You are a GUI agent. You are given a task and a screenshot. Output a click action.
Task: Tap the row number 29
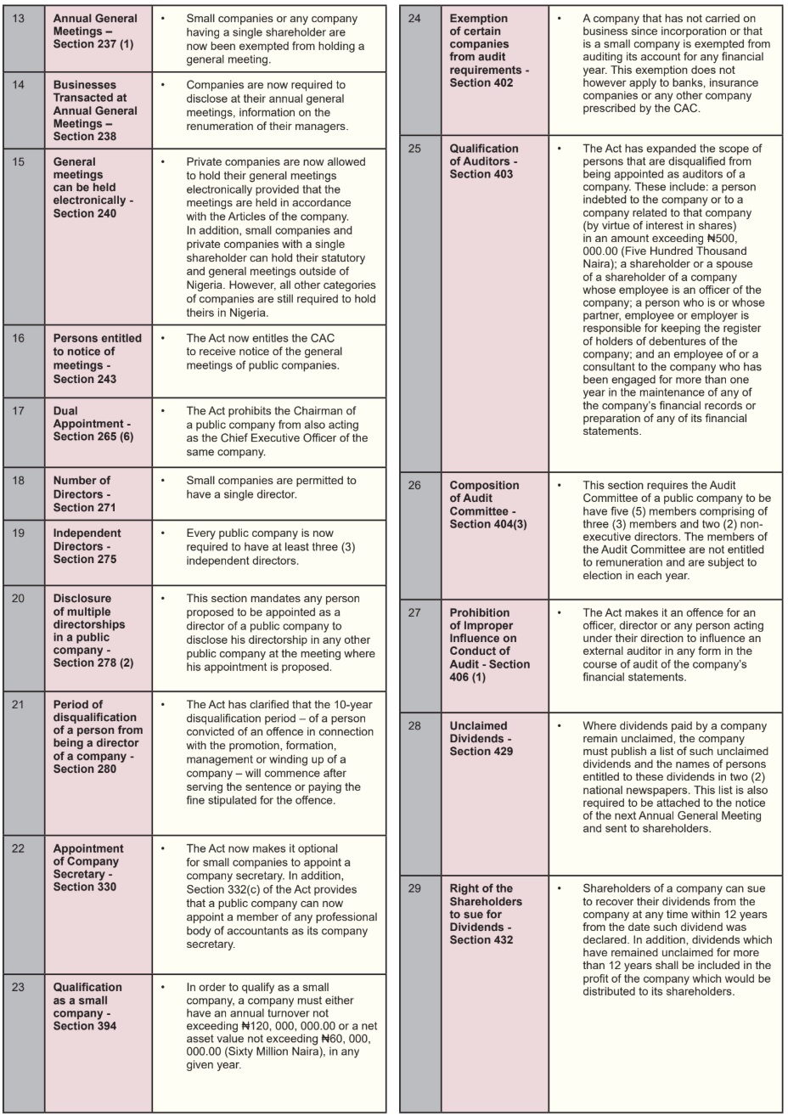click(x=415, y=888)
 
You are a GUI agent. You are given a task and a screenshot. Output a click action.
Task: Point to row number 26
click(x=415, y=485)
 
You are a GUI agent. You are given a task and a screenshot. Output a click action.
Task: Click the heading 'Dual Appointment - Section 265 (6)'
click(x=93, y=423)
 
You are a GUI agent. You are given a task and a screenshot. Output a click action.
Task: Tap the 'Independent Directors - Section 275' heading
click(x=87, y=546)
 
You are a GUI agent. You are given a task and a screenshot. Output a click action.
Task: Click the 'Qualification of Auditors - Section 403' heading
click(x=484, y=161)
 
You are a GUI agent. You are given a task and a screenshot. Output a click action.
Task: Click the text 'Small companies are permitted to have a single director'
click(x=271, y=487)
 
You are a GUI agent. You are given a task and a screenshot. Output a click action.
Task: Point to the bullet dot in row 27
click(x=560, y=612)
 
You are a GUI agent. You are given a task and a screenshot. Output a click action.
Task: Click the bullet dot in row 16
click(x=163, y=338)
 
